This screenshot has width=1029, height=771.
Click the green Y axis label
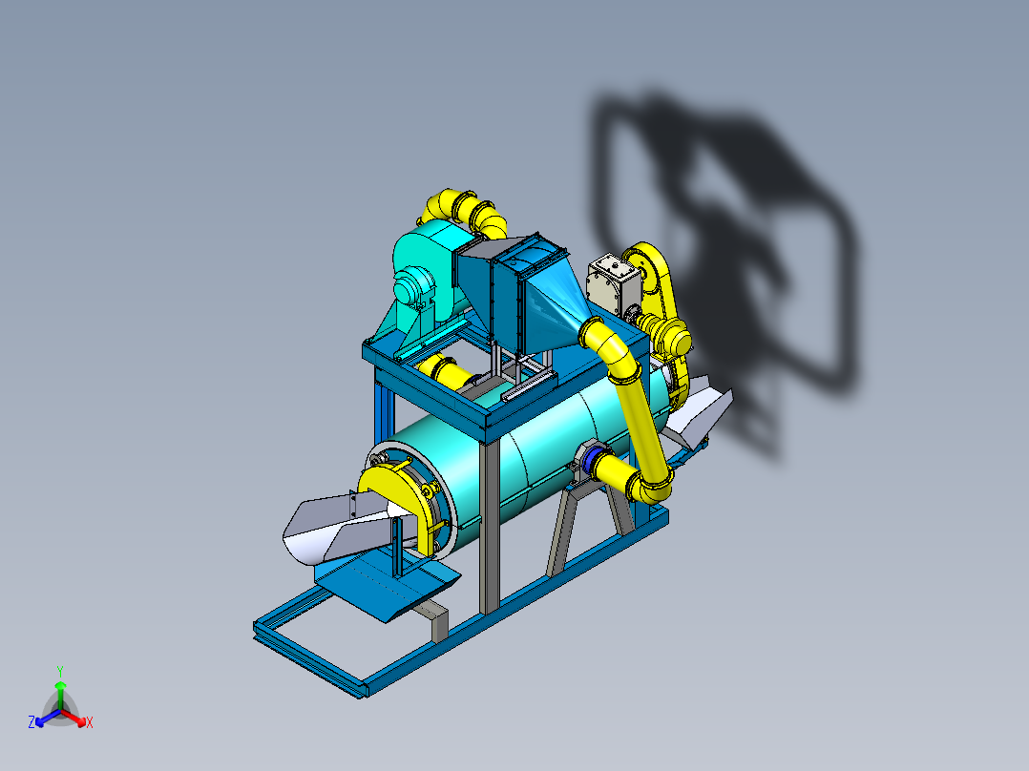(59, 671)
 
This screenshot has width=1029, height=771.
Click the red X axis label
(89, 723)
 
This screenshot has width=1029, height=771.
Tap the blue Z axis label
(31, 723)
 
